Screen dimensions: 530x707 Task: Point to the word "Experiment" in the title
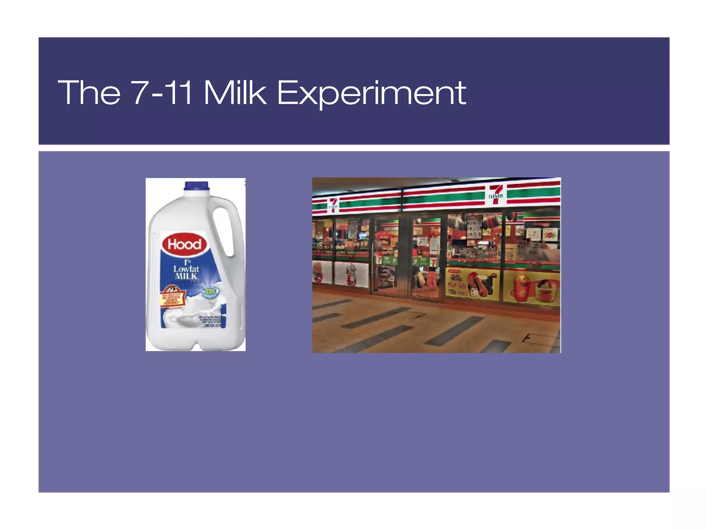pos(371,93)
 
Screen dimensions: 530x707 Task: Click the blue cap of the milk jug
pos(196,186)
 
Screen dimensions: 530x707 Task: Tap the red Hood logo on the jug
pos(184,244)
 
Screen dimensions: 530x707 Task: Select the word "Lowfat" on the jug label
pos(186,269)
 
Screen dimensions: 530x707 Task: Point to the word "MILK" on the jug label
pos(186,276)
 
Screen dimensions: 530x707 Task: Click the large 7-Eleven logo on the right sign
pos(496,194)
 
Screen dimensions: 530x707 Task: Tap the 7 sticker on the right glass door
pos(433,262)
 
